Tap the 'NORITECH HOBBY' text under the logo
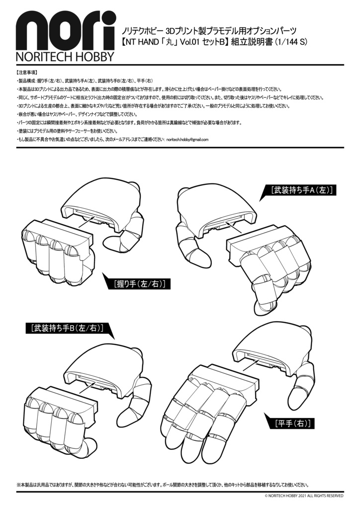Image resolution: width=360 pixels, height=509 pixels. (x=65, y=56)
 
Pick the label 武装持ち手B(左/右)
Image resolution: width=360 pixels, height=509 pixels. (x=67, y=329)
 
